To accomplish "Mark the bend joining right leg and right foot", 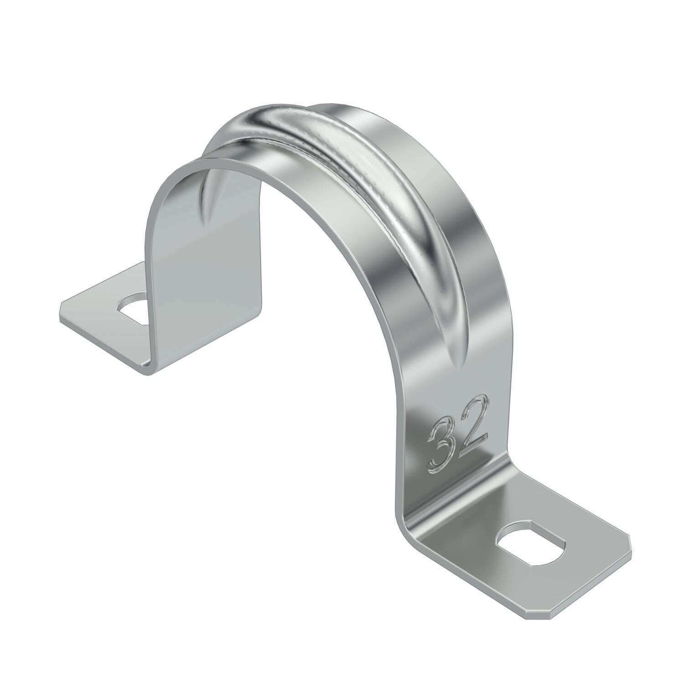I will coord(410,515).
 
